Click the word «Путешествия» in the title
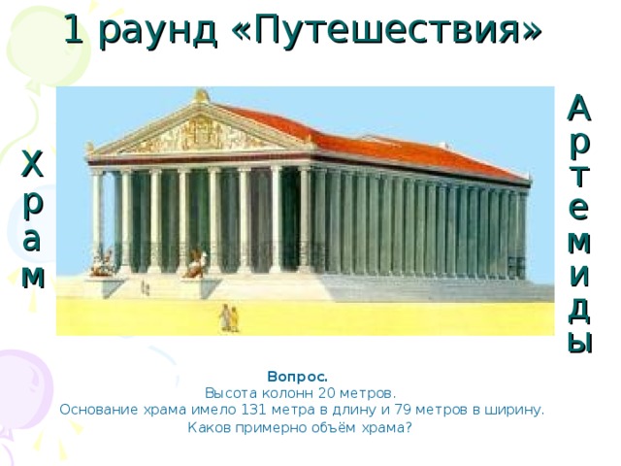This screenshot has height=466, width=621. pyautogui.click(x=388, y=31)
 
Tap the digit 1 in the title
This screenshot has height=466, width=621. pyautogui.click(x=74, y=31)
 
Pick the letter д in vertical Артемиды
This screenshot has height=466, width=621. pyautogui.click(x=578, y=307)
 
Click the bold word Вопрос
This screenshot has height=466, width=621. pyautogui.click(x=297, y=376)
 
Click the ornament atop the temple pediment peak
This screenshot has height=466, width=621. pyautogui.click(x=202, y=95)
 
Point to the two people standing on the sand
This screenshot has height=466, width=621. pyautogui.click(x=229, y=317)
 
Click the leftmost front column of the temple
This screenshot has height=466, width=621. pyautogui.click(x=97, y=219)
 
